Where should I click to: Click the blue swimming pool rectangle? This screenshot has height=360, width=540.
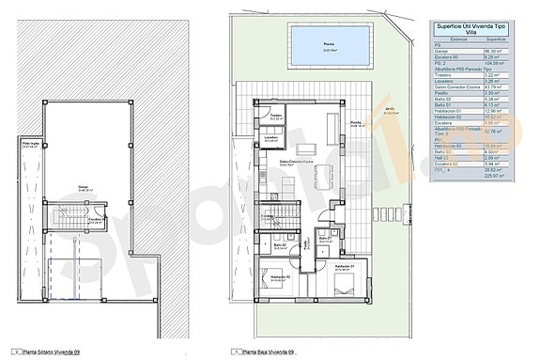(329, 42)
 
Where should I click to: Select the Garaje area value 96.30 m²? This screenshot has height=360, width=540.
(502, 52)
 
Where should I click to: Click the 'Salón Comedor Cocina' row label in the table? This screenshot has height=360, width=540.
(454, 87)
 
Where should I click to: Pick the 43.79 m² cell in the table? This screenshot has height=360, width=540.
(502, 87)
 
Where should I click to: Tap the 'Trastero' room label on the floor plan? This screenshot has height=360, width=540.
(276, 116)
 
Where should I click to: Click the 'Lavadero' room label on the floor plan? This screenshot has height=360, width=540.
(270, 140)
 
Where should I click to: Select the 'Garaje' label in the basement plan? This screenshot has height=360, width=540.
(84, 185)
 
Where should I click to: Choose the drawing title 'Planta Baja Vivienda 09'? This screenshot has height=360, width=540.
(268, 353)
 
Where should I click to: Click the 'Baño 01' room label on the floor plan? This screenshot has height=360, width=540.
(324, 239)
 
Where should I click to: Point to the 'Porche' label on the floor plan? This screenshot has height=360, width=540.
(356, 123)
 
